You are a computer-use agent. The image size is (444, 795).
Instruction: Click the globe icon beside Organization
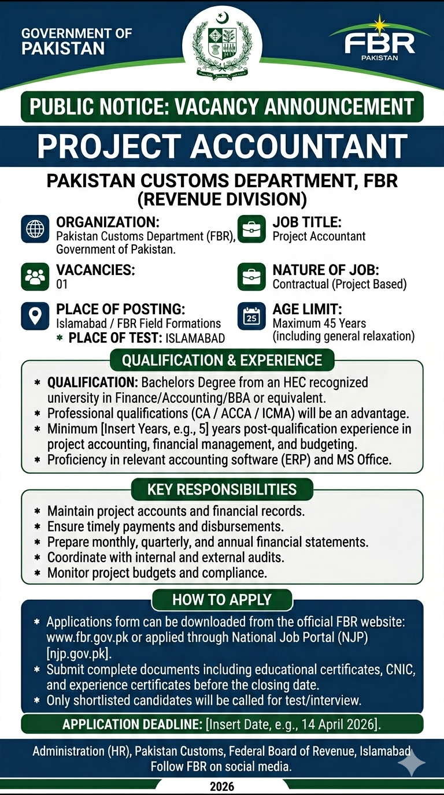(35, 229)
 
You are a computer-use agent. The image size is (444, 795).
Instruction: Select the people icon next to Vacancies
(35, 277)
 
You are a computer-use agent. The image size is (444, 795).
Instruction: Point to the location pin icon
(35, 316)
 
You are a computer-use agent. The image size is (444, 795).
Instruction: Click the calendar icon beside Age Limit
(251, 317)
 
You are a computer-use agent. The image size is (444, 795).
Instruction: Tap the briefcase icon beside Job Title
(251, 229)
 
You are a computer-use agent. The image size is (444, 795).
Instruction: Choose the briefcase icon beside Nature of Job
(251, 277)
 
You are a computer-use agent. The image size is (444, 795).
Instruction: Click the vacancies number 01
(62, 284)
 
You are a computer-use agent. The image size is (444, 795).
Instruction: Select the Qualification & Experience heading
(222, 361)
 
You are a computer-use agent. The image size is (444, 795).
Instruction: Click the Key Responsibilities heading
(222, 489)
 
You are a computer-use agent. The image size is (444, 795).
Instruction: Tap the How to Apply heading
(222, 599)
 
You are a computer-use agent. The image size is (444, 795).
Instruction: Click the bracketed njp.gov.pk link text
(79, 654)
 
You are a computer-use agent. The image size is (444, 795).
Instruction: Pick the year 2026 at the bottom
(222, 786)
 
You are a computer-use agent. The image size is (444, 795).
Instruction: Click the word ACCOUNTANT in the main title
(299, 147)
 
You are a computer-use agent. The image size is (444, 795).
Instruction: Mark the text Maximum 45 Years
(319, 324)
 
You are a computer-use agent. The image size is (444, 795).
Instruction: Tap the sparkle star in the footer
(411, 764)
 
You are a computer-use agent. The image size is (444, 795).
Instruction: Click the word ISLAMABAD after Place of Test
(195, 339)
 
